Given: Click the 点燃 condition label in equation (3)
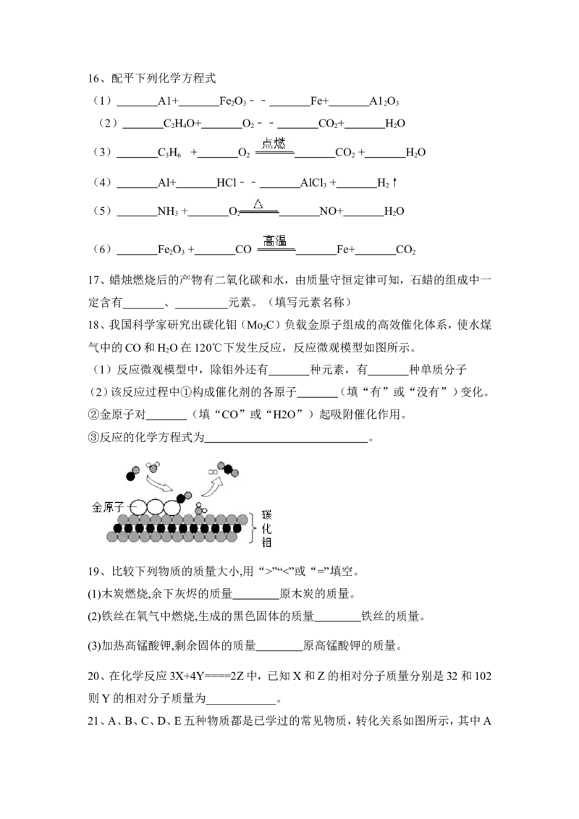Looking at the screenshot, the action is [274, 143].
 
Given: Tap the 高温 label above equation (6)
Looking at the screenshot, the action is [275, 240].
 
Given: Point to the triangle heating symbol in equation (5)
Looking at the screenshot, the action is [258, 204].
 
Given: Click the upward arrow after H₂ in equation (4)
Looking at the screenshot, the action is [395, 182].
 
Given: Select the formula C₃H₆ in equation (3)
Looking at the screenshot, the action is [170, 153].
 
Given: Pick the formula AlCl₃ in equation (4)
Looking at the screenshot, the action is [313, 183].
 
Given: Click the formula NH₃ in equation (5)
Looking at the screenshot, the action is [168, 211].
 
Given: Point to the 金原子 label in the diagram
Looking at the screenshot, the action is [108, 507].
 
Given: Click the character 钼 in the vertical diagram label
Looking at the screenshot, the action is [266, 543].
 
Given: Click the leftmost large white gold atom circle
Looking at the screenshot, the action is [138, 507].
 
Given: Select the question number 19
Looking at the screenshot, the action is [93, 572].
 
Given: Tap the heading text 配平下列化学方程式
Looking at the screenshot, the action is [164, 78].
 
